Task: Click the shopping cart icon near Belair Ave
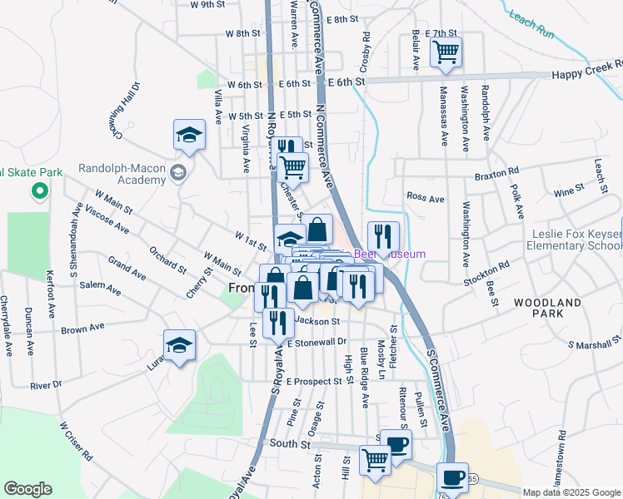point(446,52)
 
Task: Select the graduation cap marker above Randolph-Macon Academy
point(189,135)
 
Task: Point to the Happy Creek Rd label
point(586,75)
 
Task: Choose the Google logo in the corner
point(27,489)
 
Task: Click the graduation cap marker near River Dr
point(179,345)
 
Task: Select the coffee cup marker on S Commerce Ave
point(452,477)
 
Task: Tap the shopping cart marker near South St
point(375,458)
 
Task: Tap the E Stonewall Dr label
point(316,342)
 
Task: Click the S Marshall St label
point(594,343)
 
